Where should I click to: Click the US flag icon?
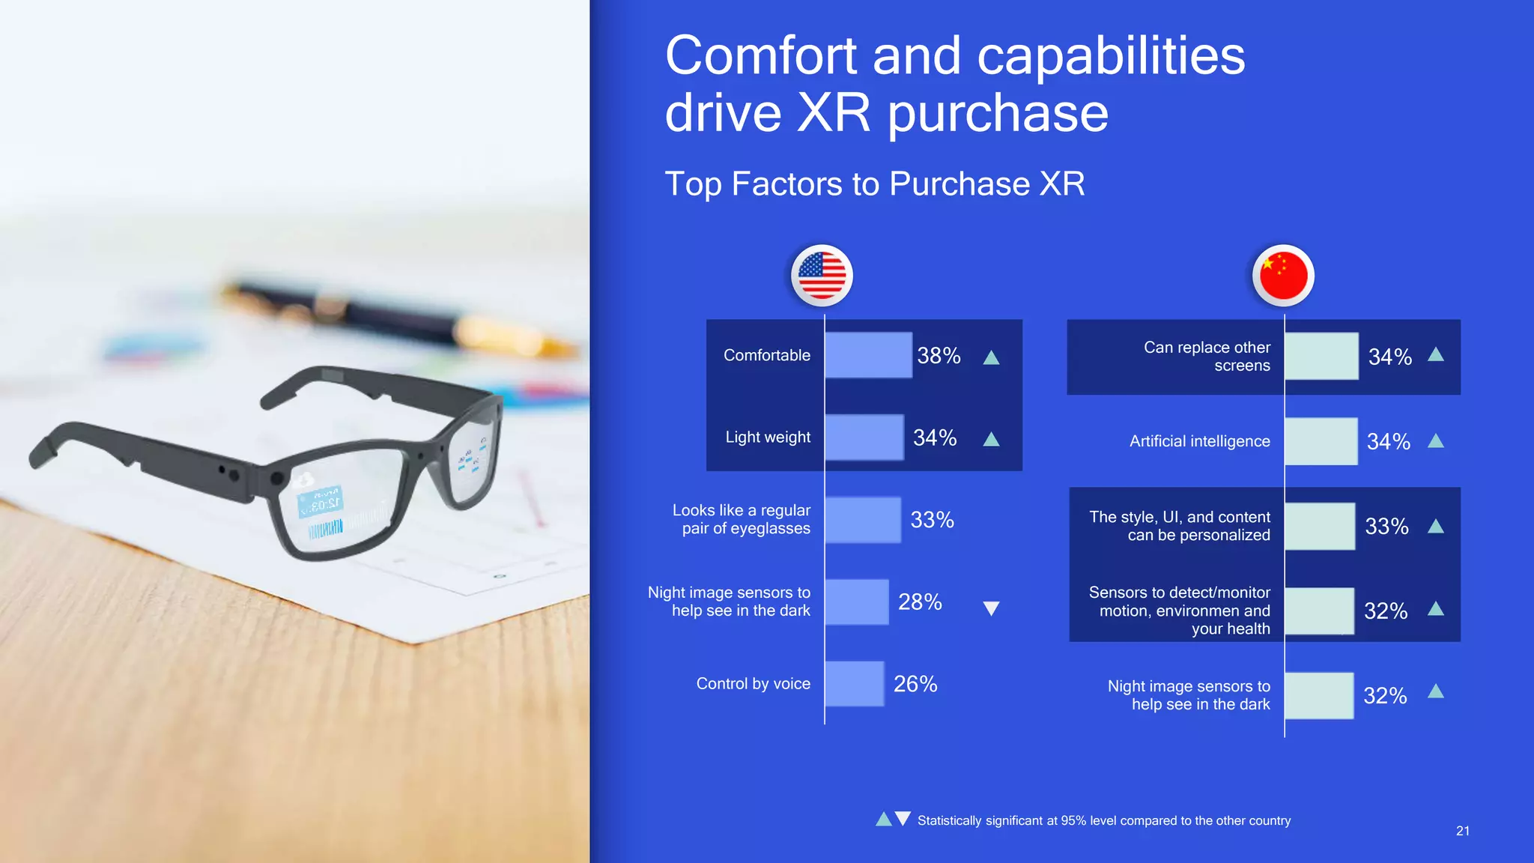pos(822,275)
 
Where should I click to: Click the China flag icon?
pos(1283,275)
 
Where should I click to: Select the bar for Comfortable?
pos(868,355)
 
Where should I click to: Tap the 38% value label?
pos(939,355)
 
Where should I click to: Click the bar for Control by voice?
pos(854,683)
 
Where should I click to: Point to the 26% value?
pos(915,683)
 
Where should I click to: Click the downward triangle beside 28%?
pos(991,608)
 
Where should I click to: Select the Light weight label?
pos(768,437)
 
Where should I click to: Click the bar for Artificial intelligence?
pos(1321,441)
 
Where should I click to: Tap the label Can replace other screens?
pos(1207,357)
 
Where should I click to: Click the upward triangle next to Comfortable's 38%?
pos(991,357)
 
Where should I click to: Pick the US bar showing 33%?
pos(862,520)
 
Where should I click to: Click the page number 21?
pos(1462,831)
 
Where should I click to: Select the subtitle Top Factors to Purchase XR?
pos(874,184)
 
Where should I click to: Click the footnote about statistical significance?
pos(1103,820)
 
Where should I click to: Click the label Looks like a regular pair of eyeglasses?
pos(742,519)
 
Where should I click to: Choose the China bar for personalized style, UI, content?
pos(1319,526)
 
